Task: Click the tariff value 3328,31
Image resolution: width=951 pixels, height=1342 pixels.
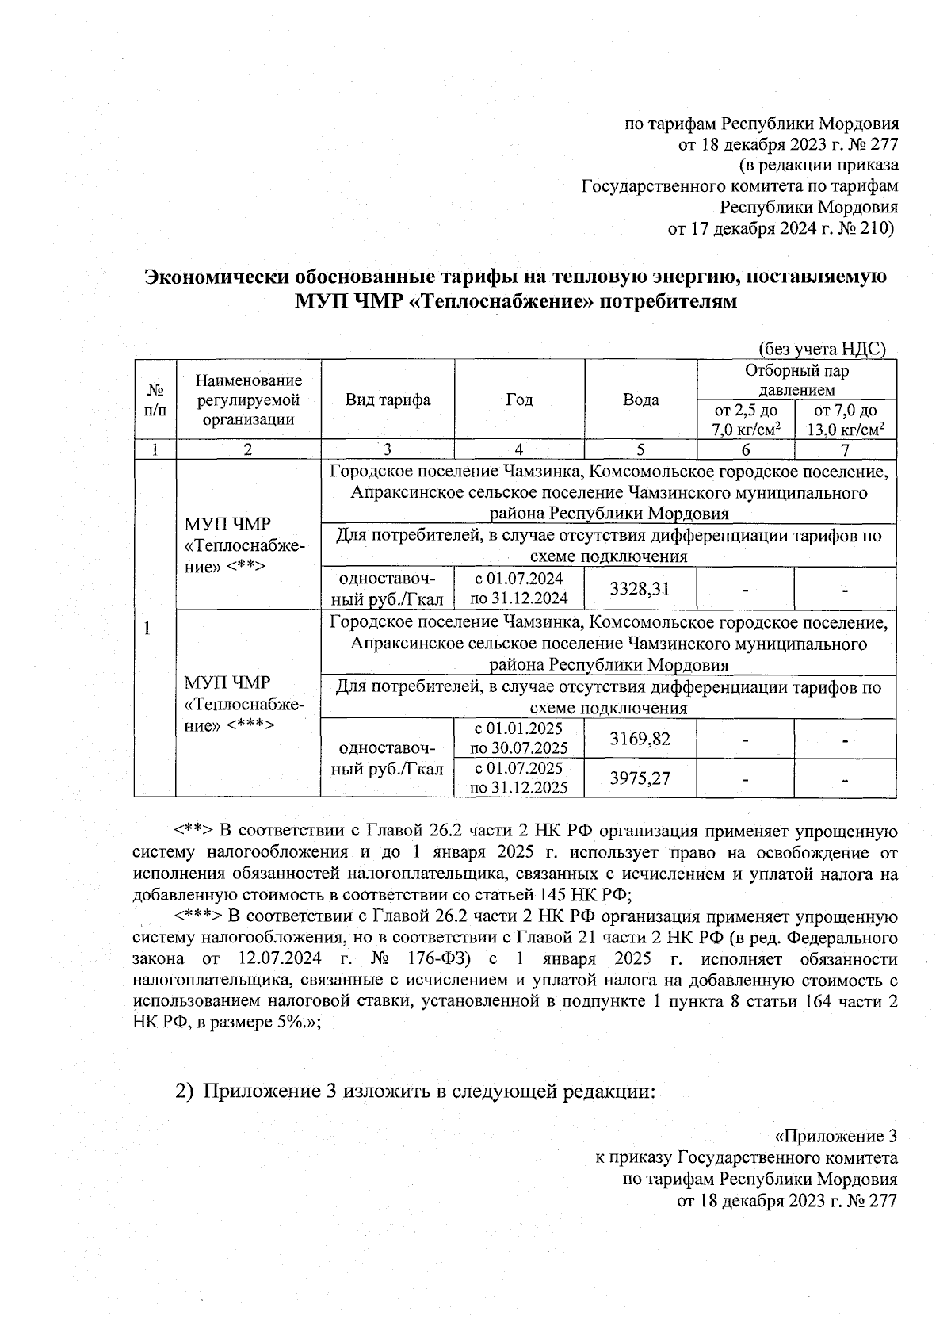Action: point(640,588)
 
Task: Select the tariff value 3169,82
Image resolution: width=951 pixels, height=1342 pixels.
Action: point(640,739)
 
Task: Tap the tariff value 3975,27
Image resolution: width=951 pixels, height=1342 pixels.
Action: point(640,778)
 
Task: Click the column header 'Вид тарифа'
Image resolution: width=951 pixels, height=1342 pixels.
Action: point(388,400)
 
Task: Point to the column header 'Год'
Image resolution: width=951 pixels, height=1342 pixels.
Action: point(519,400)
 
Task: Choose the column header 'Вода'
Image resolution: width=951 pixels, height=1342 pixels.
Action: point(640,400)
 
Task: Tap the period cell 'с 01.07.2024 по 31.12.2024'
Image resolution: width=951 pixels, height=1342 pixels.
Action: point(519,588)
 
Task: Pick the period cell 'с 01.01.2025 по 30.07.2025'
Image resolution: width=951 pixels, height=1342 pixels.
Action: point(519,739)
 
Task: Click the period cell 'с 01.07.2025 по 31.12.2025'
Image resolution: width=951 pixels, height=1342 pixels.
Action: point(519,778)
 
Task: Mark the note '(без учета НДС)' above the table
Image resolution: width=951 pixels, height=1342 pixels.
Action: point(821,349)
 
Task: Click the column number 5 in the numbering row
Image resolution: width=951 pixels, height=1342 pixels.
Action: point(640,449)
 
